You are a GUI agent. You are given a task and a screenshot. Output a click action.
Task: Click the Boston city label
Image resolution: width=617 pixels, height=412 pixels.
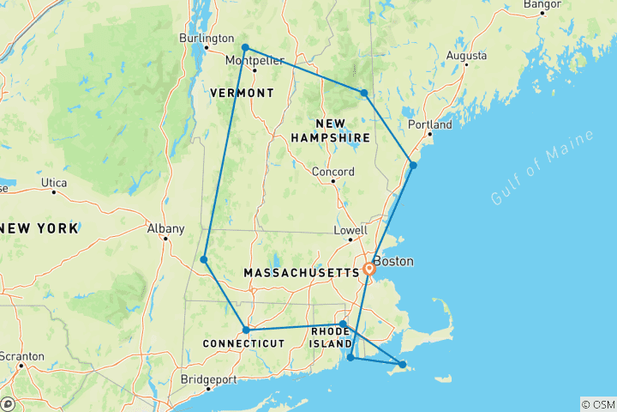395,261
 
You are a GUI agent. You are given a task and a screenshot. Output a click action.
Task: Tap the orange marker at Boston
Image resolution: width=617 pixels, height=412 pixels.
369,269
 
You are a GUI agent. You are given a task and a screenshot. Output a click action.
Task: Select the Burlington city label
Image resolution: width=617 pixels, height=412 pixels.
206,38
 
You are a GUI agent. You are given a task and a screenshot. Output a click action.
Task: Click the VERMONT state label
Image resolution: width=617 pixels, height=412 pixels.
242,93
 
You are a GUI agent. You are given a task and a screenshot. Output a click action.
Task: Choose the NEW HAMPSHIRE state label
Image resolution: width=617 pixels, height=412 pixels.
330,130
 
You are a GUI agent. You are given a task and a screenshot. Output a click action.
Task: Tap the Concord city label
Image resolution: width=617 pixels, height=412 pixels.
332,172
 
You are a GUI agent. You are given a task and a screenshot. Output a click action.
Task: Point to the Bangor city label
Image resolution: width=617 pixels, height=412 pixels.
542,5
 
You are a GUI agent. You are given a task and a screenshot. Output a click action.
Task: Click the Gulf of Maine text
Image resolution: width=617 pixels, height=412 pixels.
530,175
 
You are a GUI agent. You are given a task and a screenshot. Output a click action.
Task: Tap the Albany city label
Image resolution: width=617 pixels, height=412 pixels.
165,228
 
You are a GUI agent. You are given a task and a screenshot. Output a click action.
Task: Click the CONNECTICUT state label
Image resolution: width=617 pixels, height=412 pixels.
243,343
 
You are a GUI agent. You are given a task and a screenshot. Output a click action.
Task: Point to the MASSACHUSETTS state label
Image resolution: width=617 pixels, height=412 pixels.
301,272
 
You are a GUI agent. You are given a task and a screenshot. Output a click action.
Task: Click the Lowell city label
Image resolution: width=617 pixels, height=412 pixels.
350,231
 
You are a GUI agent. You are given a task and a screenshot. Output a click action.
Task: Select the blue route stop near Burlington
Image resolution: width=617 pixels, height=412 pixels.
245,47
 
